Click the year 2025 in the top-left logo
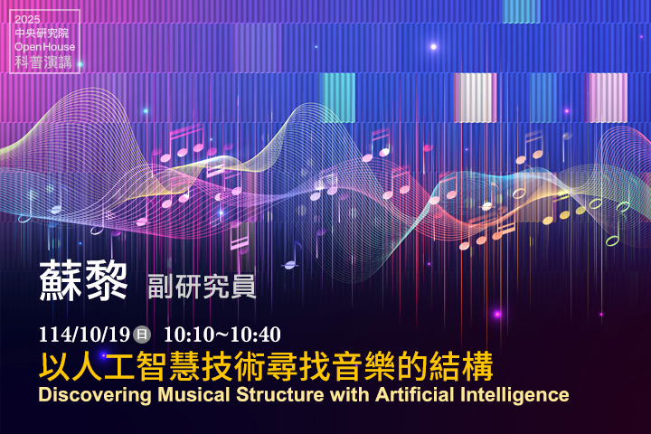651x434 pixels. coord(28,19)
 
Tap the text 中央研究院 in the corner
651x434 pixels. coord(42,33)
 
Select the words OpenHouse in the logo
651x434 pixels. coord(45,47)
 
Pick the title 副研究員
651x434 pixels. coord(202,285)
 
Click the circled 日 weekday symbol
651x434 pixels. coord(141,334)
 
